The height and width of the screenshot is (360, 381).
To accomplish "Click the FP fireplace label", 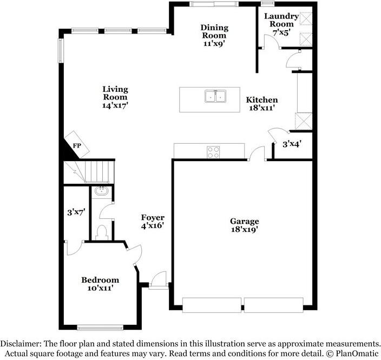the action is click(77, 145).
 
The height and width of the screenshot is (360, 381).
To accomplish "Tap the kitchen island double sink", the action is click(215, 96).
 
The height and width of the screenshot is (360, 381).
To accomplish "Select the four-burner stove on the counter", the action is click(213, 152).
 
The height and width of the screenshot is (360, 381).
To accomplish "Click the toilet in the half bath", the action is click(102, 232).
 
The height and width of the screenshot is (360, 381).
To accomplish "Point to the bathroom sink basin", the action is click(102, 191).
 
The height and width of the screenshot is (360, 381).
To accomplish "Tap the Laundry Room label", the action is click(281, 20).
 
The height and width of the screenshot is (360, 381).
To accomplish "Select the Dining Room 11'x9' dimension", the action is click(214, 43).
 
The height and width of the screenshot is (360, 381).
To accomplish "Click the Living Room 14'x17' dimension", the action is click(115, 105).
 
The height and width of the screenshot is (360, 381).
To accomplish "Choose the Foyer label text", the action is click(153, 217).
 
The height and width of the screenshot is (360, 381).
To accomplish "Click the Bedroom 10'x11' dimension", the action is click(100, 288).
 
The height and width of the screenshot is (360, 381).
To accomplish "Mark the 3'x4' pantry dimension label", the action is click(292, 144).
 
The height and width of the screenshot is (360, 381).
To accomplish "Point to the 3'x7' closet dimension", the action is click(76, 212).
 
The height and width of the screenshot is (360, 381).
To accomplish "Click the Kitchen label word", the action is click(262, 100).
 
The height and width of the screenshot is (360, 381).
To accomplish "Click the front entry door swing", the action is click(159, 279).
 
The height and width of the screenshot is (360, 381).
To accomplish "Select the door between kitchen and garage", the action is click(257, 154).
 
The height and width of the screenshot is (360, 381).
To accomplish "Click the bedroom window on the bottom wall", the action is click(100, 328).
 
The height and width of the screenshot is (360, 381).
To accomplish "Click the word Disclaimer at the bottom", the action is click(21, 344).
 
